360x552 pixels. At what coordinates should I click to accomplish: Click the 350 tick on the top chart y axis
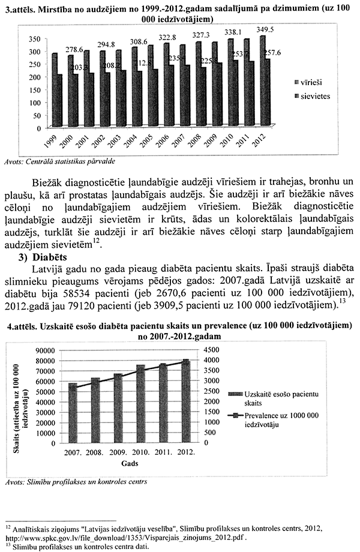[34, 39]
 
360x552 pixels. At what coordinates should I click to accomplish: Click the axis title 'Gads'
[131, 464]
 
